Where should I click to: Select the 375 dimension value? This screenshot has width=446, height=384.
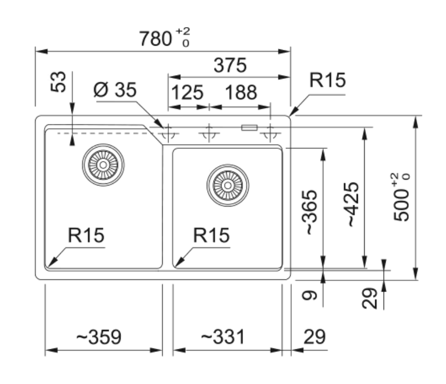tap(230, 66)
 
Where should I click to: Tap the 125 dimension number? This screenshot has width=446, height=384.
tap(187, 92)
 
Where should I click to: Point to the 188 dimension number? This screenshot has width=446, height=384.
tap(241, 92)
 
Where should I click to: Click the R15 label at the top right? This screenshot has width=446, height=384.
tap(327, 80)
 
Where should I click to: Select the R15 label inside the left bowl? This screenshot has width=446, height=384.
tap(86, 236)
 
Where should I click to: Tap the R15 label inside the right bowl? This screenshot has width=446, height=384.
tap(211, 236)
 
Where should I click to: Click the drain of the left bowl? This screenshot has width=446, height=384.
tap(103, 165)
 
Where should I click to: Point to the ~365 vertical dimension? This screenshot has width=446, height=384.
tap(311, 212)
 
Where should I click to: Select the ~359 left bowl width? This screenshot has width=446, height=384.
tap(99, 337)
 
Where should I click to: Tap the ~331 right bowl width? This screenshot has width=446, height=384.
tap(223, 337)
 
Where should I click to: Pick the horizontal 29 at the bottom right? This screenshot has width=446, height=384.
tap(315, 337)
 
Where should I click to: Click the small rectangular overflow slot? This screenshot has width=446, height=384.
tap(249, 127)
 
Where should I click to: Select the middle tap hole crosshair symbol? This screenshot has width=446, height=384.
tap(209, 133)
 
